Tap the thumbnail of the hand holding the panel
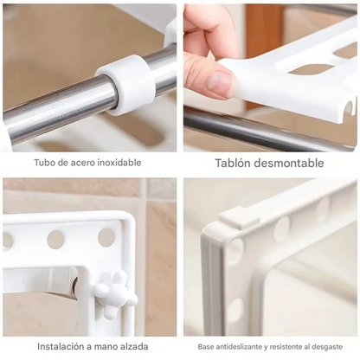[x=270, y=77]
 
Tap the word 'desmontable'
[x=291, y=163]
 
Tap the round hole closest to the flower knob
[x=106, y=237]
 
